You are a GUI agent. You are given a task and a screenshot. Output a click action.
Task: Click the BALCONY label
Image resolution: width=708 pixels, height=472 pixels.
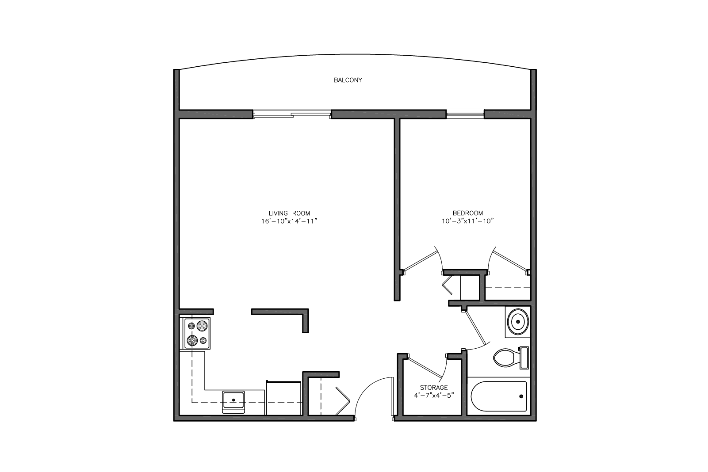[348, 80]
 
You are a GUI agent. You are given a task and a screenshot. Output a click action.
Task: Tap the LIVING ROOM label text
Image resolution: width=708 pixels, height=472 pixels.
[289, 213]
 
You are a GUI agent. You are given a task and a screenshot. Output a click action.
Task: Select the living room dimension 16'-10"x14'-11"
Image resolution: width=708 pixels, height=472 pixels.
[289, 221]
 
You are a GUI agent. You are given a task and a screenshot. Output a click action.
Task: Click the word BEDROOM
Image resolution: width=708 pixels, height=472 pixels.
[468, 213]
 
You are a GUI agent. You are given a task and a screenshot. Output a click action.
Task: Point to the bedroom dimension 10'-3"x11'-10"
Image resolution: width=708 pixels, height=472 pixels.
[468, 221]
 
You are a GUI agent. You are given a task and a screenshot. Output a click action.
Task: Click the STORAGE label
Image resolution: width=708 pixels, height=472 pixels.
[434, 387]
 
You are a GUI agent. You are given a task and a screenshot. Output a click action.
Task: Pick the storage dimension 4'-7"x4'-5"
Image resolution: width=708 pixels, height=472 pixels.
[434, 395]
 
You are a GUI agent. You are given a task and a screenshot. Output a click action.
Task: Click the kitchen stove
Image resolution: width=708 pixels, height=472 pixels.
[197, 333]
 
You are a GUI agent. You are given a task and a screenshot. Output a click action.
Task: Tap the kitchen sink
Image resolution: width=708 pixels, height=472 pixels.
[233, 402]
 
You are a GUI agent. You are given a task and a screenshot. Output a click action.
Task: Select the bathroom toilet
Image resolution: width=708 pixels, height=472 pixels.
[511, 358]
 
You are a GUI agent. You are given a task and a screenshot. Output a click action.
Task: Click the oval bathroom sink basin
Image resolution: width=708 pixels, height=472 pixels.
[518, 322]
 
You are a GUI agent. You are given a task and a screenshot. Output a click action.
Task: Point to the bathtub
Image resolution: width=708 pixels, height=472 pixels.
[499, 396]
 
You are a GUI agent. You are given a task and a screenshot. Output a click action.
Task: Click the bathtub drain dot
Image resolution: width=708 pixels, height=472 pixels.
[521, 396]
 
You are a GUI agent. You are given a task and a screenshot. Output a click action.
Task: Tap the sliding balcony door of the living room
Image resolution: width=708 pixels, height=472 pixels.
[292, 114]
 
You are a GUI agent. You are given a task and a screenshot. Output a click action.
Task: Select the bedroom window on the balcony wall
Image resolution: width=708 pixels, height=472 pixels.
[465, 114]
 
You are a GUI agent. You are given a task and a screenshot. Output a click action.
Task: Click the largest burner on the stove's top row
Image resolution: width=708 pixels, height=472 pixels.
[202, 325]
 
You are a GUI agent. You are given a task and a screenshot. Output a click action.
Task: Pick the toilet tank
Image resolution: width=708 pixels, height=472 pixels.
[524, 358]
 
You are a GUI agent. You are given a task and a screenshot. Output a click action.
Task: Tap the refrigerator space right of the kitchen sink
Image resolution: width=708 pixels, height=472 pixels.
[283, 398]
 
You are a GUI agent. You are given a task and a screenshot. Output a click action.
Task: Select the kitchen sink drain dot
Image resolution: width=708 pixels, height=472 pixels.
[233, 400]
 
